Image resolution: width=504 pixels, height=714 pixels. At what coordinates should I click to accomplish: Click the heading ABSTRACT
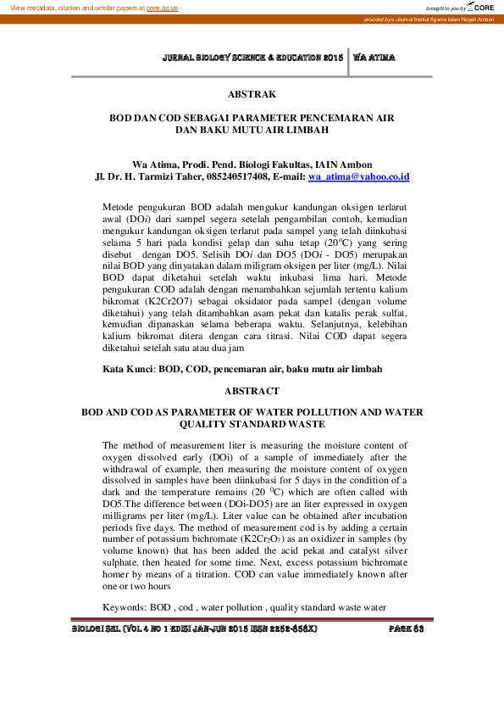(x=252, y=392)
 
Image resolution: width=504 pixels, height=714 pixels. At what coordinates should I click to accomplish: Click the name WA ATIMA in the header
(x=374, y=58)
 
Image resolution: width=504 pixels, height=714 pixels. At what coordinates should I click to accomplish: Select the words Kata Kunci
(x=128, y=369)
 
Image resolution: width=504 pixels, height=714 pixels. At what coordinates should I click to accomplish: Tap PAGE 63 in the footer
(x=406, y=630)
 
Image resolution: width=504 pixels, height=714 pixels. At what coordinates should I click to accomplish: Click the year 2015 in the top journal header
(x=331, y=58)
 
